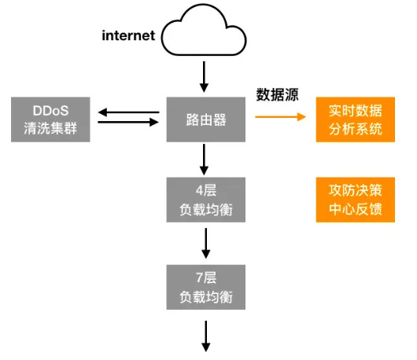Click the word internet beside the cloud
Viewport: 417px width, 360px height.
point(129,35)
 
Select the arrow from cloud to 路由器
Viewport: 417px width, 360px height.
point(205,75)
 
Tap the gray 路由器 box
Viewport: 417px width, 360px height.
point(205,119)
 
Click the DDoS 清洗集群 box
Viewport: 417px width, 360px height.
point(50,119)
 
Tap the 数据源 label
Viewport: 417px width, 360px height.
point(278,95)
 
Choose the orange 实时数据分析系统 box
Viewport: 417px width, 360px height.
point(355,119)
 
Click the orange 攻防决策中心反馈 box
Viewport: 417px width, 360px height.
point(355,200)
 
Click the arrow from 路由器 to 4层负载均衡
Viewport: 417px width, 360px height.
point(205,159)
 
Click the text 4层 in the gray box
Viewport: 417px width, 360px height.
point(205,191)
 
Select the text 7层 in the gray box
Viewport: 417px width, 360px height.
point(205,278)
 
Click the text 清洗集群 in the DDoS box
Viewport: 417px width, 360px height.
point(50,129)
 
